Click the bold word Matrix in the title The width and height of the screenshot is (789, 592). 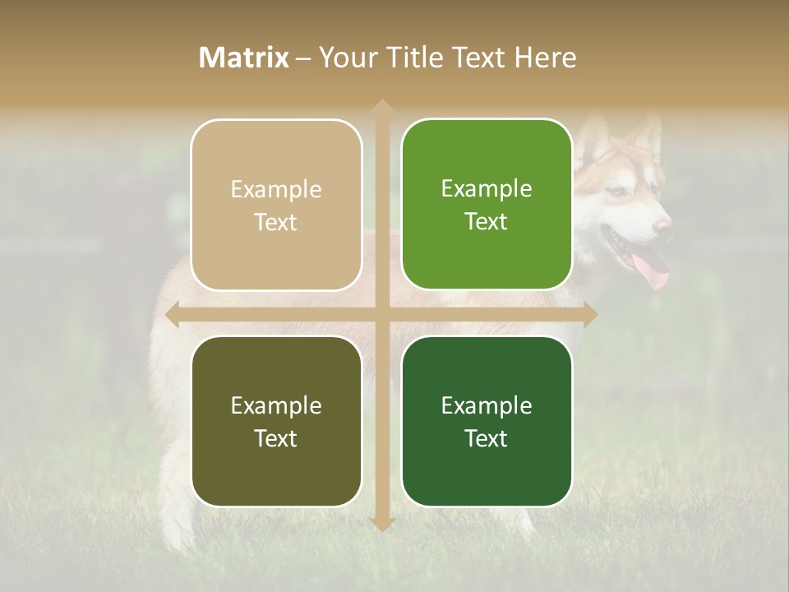click(x=244, y=58)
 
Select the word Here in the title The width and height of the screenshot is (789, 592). click(x=545, y=58)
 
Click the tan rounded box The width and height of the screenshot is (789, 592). click(x=276, y=205)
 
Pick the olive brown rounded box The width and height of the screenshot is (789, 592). click(x=276, y=421)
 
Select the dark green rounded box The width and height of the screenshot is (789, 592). click(x=487, y=421)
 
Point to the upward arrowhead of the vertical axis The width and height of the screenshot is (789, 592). click(x=381, y=108)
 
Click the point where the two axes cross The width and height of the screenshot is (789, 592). click(x=381, y=314)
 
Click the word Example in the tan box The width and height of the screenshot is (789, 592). click(x=276, y=190)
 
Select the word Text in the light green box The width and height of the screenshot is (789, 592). click(x=487, y=222)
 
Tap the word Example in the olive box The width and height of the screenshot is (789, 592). click(x=276, y=406)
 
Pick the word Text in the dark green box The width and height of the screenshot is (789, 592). click(x=487, y=439)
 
